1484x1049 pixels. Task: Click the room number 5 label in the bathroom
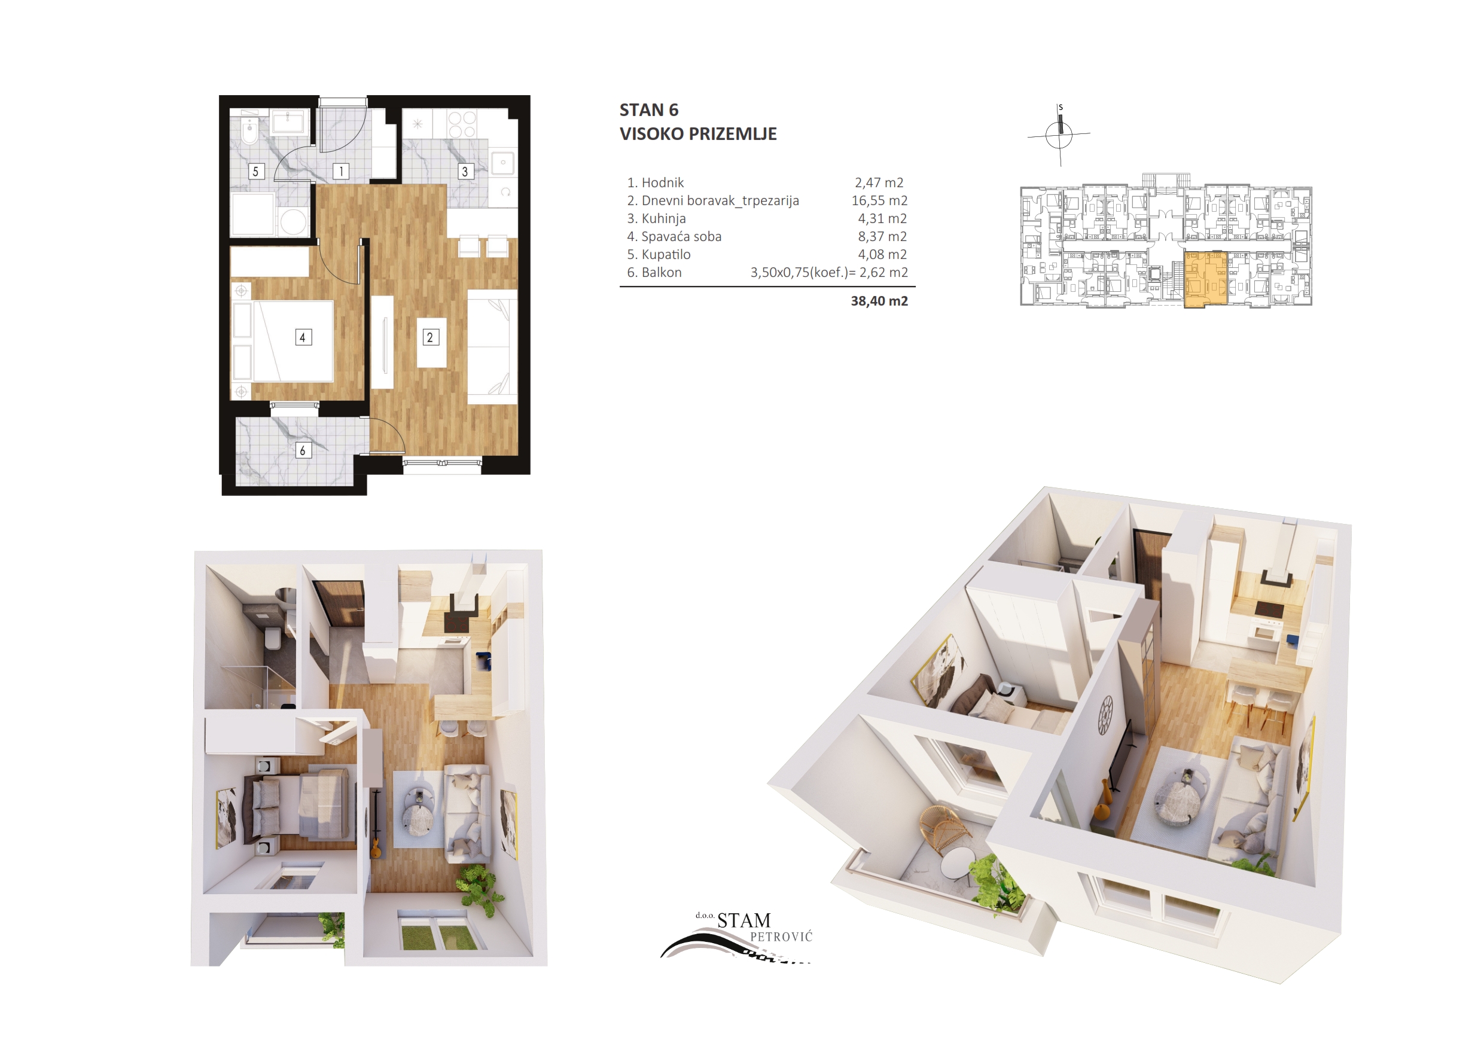(x=256, y=171)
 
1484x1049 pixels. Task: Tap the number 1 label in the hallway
(x=342, y=171)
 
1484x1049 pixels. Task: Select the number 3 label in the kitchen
(x=465, y=171)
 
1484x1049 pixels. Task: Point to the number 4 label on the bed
(x=303, y=337)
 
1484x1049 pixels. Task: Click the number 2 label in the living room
(x=431, y=337)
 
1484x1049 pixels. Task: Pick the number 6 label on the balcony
(x=303, y=450)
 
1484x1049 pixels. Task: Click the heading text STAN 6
(x=649, y=111)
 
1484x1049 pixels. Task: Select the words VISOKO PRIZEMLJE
(x=698, y=134)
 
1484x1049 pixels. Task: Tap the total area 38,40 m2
(x=879, y=301)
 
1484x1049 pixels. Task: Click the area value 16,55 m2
(x=879, y=200)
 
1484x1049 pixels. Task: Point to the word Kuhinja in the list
(x=664, y=218)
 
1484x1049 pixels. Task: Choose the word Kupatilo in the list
(x=666, y=255)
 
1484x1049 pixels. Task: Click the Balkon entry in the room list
(x=655, y=273)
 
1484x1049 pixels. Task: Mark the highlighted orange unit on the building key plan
(x=1205, y=279)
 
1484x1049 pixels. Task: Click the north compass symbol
(x=1059, y=135)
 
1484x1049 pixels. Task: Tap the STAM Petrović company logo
(x=737, y=937)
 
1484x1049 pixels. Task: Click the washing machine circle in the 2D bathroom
(x=294, y=222)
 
